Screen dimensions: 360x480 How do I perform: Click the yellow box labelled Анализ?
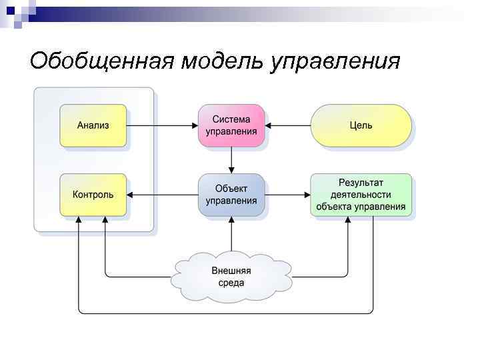(x=93, y=125)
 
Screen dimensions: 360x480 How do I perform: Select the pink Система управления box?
(x=231, y=125)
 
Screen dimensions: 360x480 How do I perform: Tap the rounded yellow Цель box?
(x=361, y=125)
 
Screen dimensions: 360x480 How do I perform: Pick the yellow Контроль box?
(x=93, y=195)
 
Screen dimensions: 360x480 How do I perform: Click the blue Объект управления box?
(x=231, y=195)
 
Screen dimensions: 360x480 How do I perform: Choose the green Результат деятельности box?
(x=361, y=195)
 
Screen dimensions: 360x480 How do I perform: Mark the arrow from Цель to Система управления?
(x=288, y=125)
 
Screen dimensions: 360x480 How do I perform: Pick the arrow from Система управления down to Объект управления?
(x=231, y=160)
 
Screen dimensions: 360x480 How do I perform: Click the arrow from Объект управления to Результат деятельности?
(x=288, y=195)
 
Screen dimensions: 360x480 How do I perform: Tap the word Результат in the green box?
(x=361, y=182)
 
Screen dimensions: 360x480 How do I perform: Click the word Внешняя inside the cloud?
(x=231, y=270)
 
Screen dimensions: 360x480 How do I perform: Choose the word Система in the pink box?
(x=231, y=119)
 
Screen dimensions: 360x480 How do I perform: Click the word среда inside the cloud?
(x=231, y=283)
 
